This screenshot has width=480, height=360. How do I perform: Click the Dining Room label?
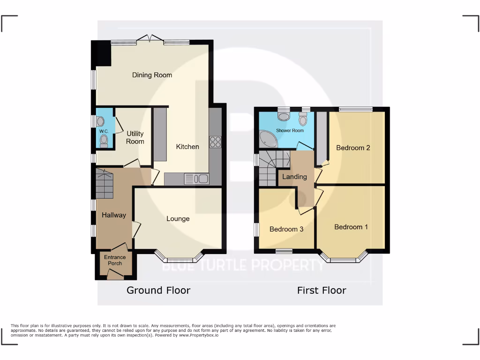click(152, 75)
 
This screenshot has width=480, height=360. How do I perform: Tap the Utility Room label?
click(135, 138)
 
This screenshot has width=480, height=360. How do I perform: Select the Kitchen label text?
click(187, 147)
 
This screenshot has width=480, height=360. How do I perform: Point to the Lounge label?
click(178, 218)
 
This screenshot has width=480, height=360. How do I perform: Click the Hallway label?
click(114, 215)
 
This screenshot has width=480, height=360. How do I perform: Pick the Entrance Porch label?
click(115, 260)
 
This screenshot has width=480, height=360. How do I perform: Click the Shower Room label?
click(290, 130)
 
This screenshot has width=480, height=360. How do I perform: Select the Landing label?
click(294, 177)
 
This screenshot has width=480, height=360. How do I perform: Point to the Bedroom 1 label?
click(351, 227)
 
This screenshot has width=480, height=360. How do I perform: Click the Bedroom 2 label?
click(353, 148)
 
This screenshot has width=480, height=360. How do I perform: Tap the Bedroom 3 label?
click(286, 229)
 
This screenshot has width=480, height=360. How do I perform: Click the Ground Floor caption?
click(158, 290)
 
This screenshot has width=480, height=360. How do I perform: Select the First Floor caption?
click(322, 290)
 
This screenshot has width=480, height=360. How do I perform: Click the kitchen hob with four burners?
click(215, 142)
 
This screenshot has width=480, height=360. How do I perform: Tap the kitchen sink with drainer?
click(197, 179)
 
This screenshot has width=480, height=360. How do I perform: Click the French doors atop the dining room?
click(150, 39)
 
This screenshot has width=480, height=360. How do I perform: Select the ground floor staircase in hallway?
click(105, 184)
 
